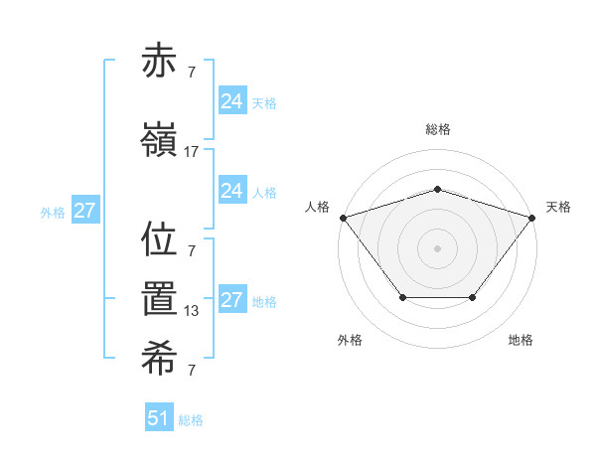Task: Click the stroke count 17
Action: [192, 152]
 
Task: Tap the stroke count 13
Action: [192, 311]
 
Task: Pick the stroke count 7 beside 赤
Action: [192, 73]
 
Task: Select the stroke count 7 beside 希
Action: [192, 371]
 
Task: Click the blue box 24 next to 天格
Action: [231, 101]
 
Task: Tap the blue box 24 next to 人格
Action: [231, 191]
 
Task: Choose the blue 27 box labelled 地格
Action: [231, 300]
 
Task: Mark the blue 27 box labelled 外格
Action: [84, 211]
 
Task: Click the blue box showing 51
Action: [158, 418]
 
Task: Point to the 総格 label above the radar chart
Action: [437, 130]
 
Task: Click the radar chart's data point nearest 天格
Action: [531, 218]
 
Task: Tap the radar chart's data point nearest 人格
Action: [343, 218]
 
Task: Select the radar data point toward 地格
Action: [472, 297]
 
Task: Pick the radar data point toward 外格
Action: [402, 297]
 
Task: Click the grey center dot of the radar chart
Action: [437, 248]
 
